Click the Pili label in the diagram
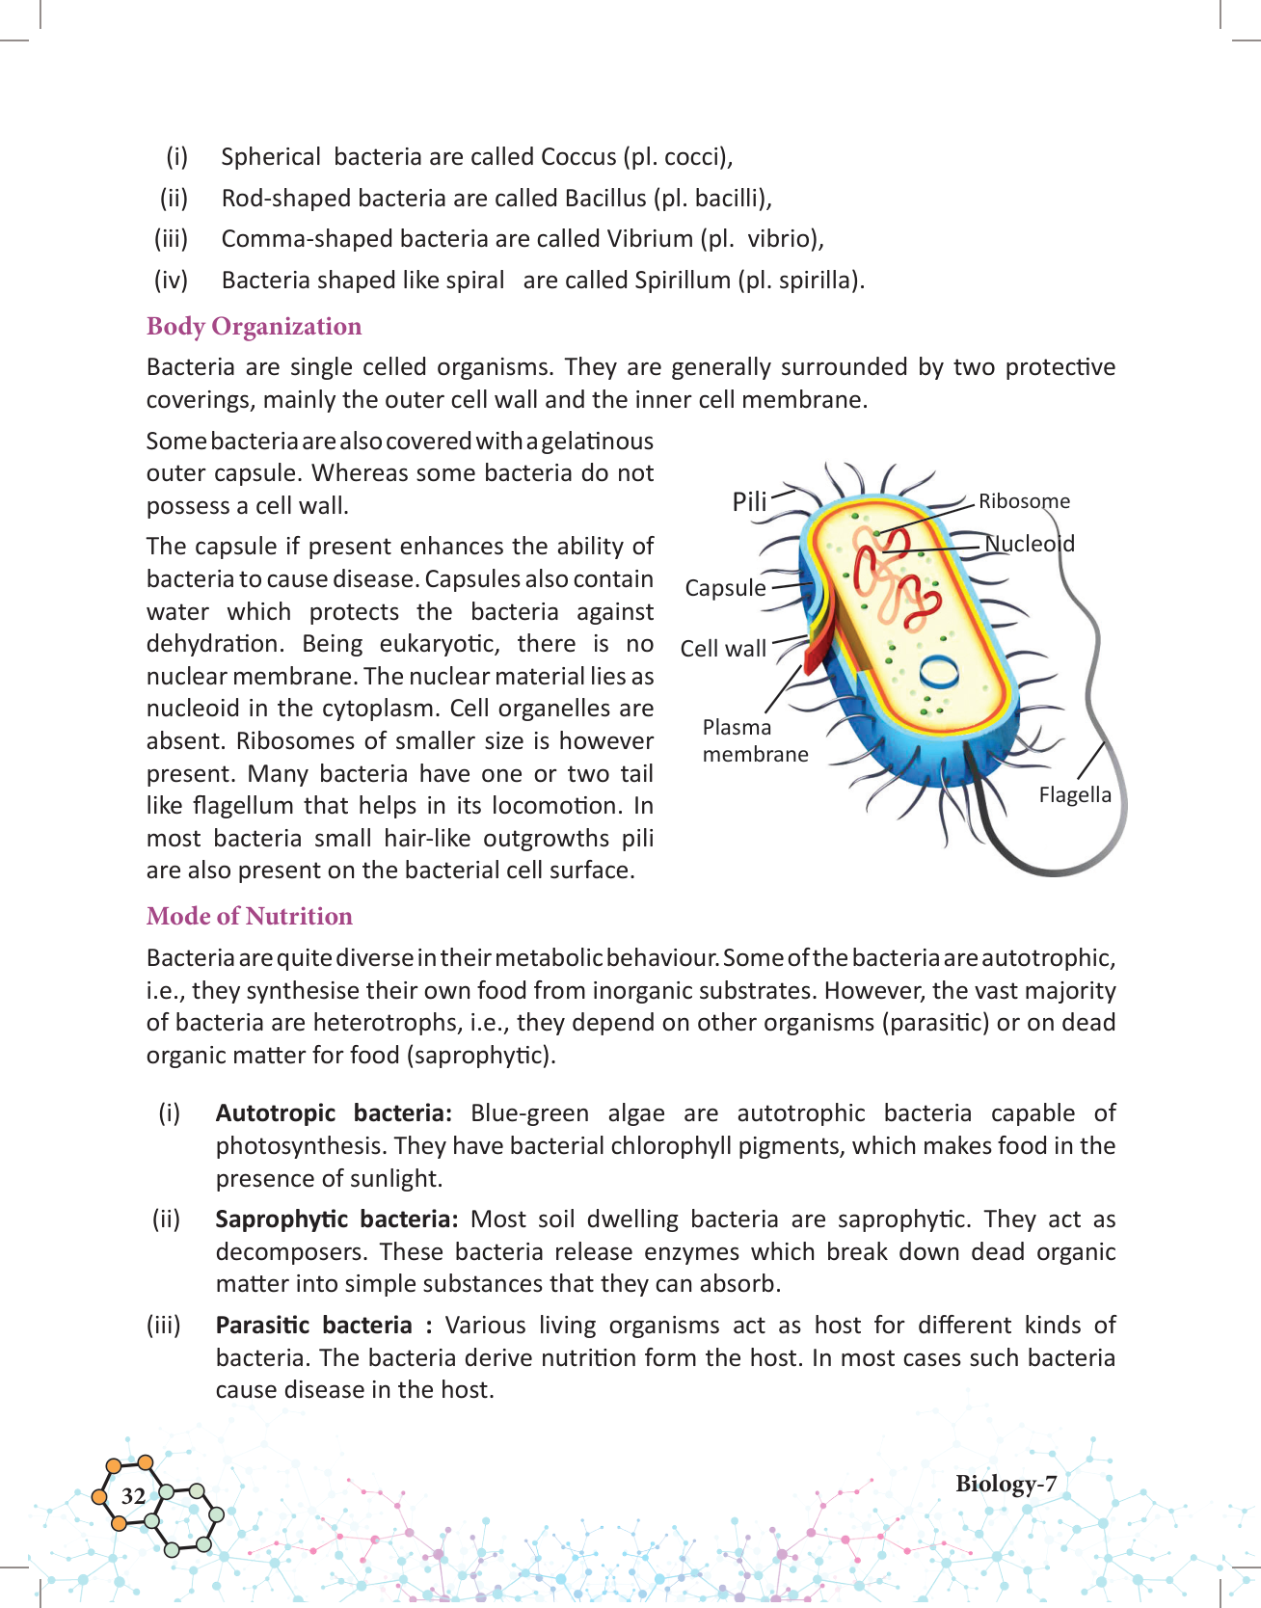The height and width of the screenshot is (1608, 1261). (x=749, y=501)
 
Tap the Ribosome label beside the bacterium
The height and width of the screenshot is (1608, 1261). (x=1024, y=501)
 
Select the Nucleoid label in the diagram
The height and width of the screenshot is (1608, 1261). (x=1030, y=544)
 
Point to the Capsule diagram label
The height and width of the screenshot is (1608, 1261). (x=725, y=588)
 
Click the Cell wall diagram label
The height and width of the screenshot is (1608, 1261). (x=723, y=649)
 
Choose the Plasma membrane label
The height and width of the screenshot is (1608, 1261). (x=755, y=740)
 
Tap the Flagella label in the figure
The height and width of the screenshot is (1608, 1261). (x=1075, y=795)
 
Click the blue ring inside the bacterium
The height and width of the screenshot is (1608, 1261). (x=939, y=671)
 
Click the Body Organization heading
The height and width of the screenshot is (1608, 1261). (x=254, y=327)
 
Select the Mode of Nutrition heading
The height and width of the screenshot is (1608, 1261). (x=249, y=917)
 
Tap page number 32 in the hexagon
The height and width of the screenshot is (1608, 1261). (x=133, y=1496)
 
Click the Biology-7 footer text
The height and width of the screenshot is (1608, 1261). (x=1006, y=1484)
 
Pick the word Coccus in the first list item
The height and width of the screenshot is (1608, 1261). (x=578, y=157)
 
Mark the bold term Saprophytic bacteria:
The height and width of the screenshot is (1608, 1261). (x=336, y=1219)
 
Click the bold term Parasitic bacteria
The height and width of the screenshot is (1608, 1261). (x=314, y=1326)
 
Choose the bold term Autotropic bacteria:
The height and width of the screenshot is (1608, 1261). (x=334, y=1113)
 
